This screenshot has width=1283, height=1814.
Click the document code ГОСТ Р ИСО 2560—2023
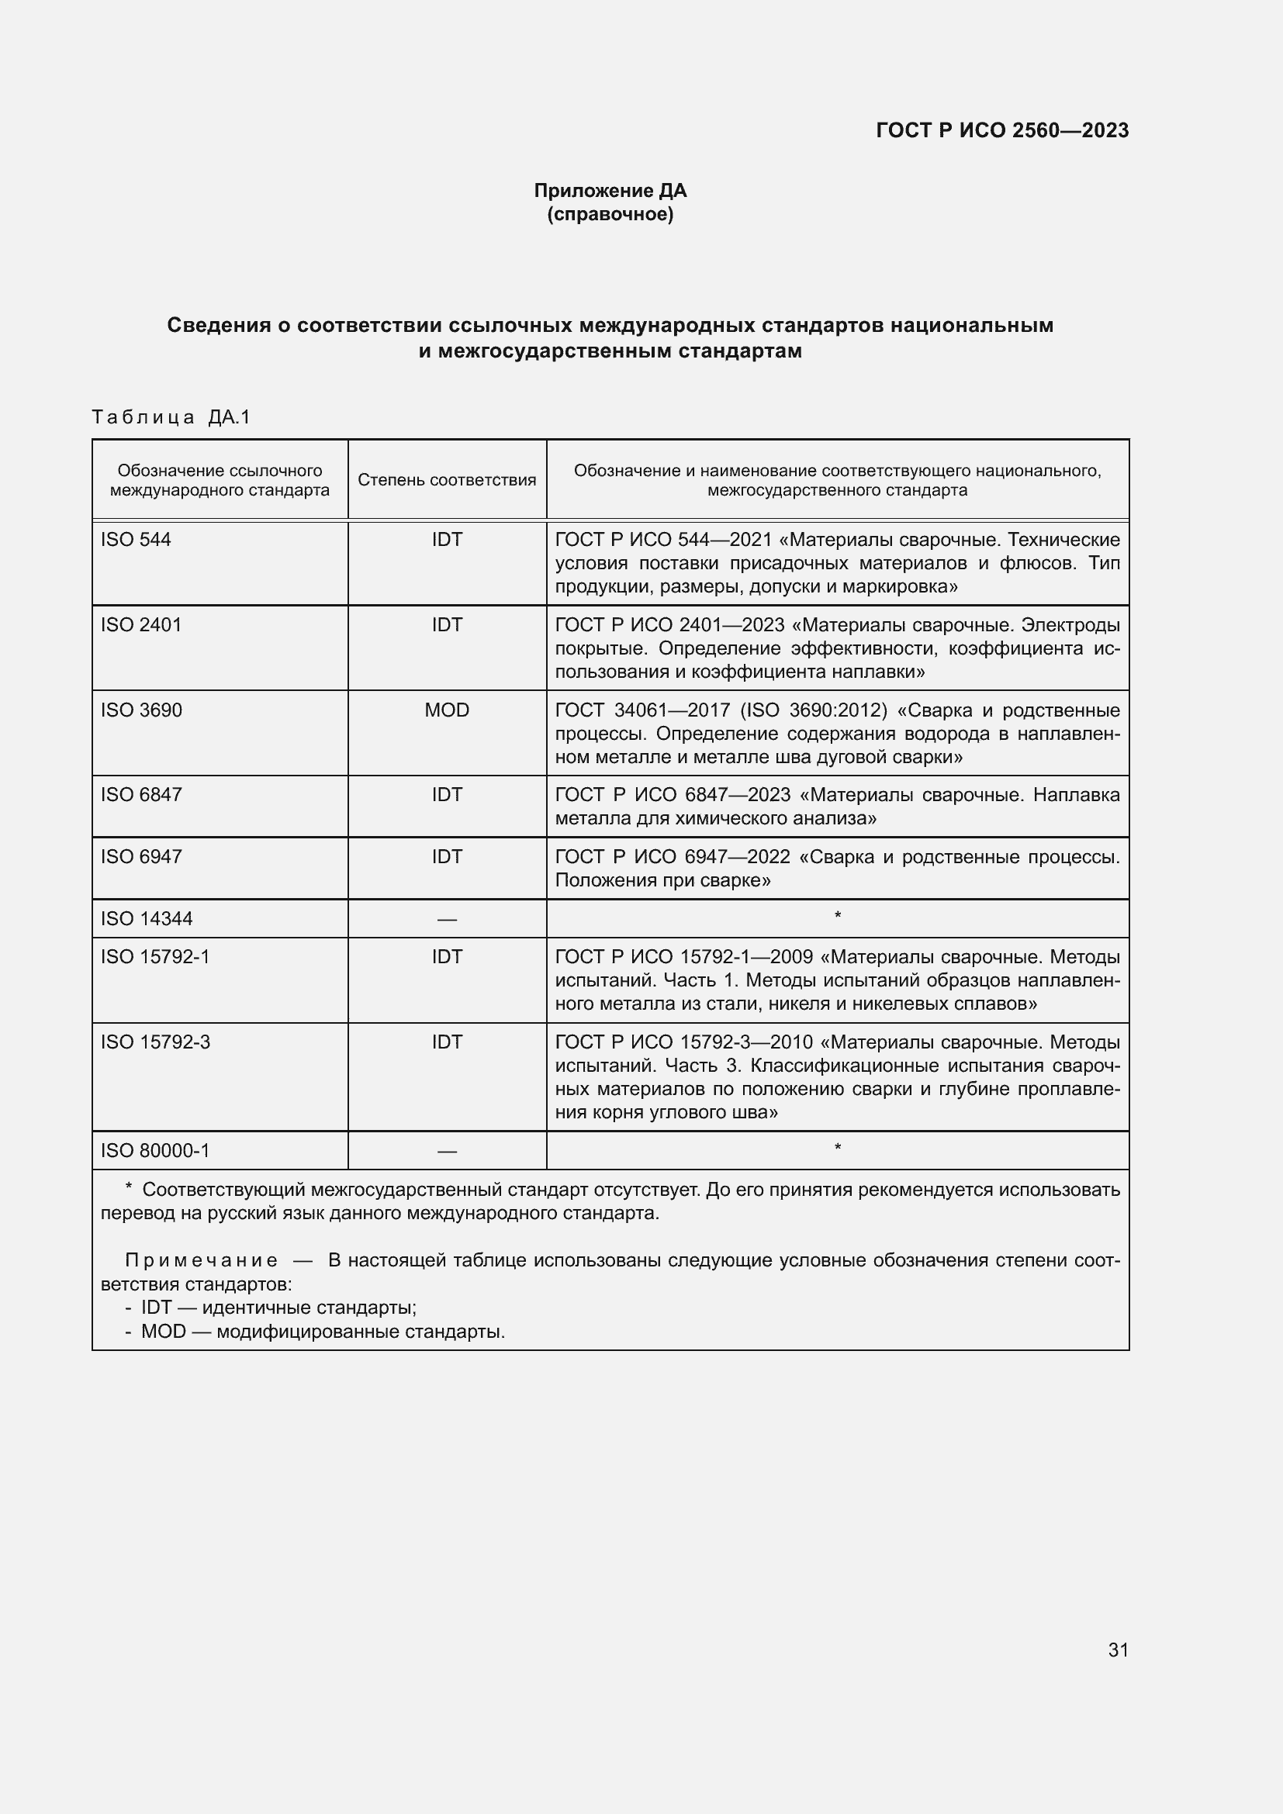1001,130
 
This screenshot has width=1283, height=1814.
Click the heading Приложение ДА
610,191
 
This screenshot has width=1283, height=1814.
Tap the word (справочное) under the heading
610,214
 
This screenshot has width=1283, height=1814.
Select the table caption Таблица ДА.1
171,417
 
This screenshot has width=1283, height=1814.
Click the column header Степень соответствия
446,480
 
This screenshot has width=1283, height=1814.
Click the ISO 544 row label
136,540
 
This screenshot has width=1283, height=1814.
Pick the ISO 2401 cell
140,625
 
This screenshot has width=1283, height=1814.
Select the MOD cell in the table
446,710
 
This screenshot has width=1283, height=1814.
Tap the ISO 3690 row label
140,710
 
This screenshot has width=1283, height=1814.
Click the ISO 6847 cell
140,795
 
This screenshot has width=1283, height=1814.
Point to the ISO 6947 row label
140,856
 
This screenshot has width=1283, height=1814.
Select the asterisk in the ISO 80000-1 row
838,1148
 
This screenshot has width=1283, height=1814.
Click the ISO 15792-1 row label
155,957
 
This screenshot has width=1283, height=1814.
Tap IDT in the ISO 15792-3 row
446,1042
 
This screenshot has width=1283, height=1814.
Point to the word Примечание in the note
202,1260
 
